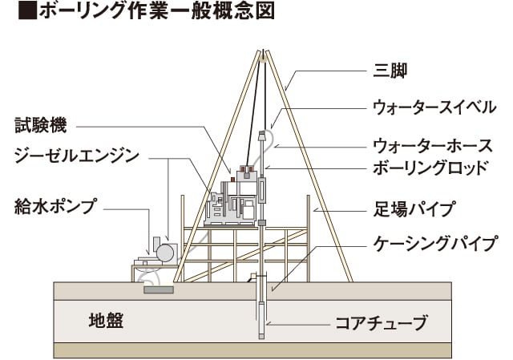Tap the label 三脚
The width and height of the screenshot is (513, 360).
(x=390, y=71)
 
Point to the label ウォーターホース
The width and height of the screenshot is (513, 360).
(x=432, y=146)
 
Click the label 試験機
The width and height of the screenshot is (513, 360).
(x=41, y=126)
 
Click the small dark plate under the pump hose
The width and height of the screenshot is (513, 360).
(x=159, y=289)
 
